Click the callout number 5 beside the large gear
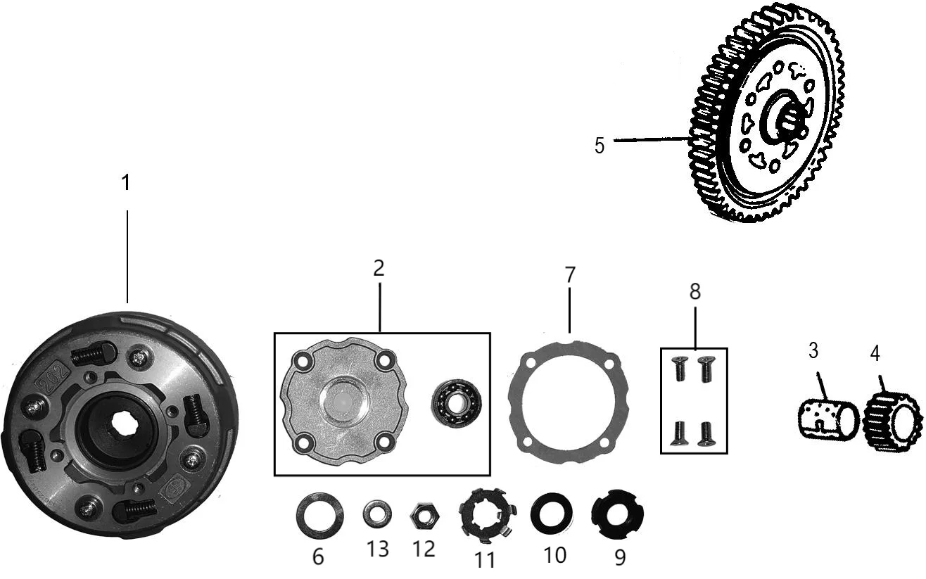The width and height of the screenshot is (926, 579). (x=600, y=146)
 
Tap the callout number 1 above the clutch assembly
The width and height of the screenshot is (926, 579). (x=126, y=182)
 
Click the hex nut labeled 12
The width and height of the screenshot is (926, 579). (x=424, y=516)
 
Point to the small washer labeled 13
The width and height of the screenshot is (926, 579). (x=377, y=514)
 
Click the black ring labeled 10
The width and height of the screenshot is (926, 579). (x=552, y=513)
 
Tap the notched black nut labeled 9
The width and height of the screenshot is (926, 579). (x=618, y=514)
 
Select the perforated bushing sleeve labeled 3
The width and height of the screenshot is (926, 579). (x=828, y=420)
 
